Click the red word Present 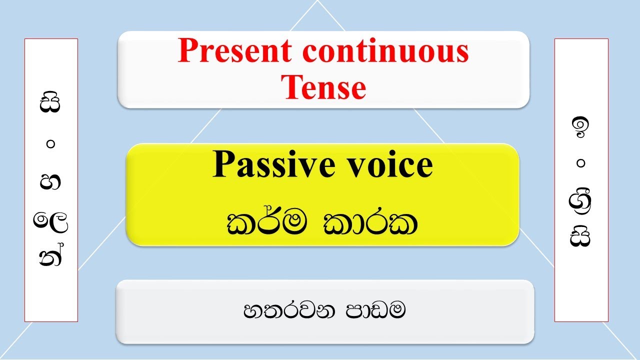tap(235, 51)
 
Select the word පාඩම tap(375, 311)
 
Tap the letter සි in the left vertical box tap(51, 104)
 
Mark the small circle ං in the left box tap(51, 144)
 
